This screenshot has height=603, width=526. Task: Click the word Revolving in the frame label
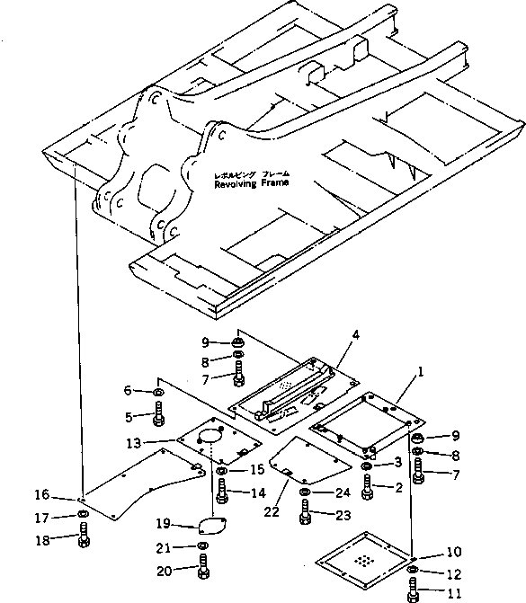(235, 184)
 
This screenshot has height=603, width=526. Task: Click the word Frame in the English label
(274, 182)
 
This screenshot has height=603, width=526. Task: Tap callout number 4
(356, 335)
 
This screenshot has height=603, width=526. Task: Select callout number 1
(421, 372)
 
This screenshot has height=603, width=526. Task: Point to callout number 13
(134, 443)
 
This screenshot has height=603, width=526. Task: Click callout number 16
(42, 494)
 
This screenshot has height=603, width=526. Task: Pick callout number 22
(272, 512)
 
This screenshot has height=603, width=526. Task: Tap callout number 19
(163, 523)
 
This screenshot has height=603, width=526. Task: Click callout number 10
(454, 552)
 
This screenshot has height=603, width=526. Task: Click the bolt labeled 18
(84, 535)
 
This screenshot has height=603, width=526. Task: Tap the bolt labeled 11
(413, 590)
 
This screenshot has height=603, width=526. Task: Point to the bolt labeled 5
(158, 413)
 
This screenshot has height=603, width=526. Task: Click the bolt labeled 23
(305, 512)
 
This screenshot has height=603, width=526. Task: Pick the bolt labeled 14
(222, 491)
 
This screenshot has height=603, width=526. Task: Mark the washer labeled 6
(157, 392)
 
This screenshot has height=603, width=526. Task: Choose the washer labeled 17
(83, 514)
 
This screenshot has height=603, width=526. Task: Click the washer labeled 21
(203, 545)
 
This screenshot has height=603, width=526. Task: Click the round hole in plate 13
(210, 439)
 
